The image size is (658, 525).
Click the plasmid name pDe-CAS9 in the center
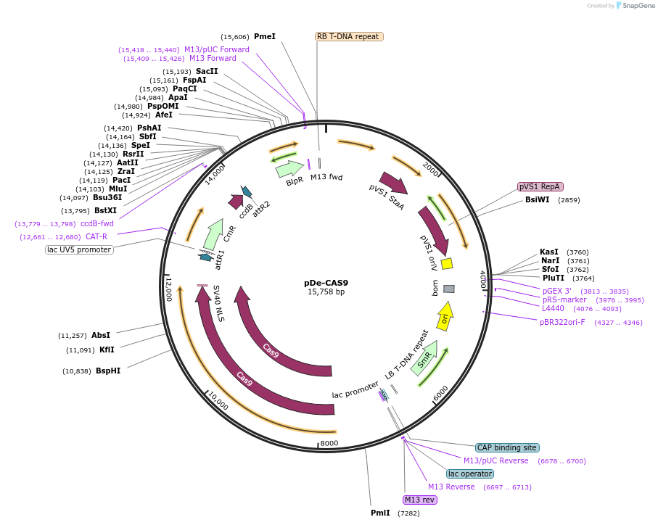tap(326, 283)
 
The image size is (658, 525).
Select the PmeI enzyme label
tap(265, 36)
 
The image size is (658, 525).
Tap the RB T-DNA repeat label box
tap(349, 36)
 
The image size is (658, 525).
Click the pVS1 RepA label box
tap(540, 186)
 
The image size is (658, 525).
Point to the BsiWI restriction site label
tap(538, 199)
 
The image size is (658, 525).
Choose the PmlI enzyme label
tap(380, 513)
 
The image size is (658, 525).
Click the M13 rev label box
tap(421, 500)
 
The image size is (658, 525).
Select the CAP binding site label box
tap(506, 447)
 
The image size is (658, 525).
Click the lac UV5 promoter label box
tap(79, 249)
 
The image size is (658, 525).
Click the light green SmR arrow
tap(424, 361)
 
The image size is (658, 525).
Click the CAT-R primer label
tap(96, 236)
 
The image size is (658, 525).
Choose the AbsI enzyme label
tap(101, 335)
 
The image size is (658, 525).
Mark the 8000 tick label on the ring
tap(329, 443)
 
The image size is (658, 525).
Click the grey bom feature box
tap(449, 289)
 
